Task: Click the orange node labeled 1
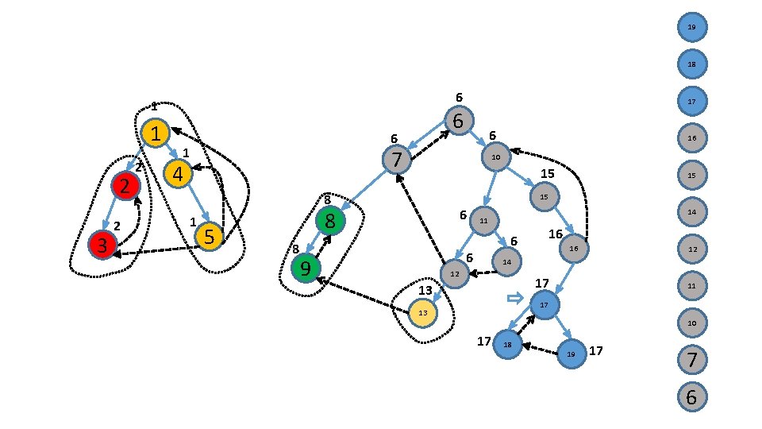tap(156, 133)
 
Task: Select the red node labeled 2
tap(125, 187)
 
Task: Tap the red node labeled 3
tap(102, 244)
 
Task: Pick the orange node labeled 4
tap(178, 173)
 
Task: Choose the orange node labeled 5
tap(209, 235)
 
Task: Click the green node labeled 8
tap(330, 220)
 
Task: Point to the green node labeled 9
tap(305, 269)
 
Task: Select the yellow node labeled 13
tap(423, 314)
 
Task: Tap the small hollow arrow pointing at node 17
tap(514, 298)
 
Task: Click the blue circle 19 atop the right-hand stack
tap(691, 28)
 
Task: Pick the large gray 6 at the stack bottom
tap(691, 396)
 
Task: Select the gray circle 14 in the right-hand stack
tap(691, 212)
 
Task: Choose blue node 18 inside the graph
tap(507, 344)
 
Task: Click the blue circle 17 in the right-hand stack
tap(691, 101)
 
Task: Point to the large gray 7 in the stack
tap(691, 360)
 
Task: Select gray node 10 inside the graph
tap(495, 157)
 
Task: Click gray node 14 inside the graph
tap(506, 261)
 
